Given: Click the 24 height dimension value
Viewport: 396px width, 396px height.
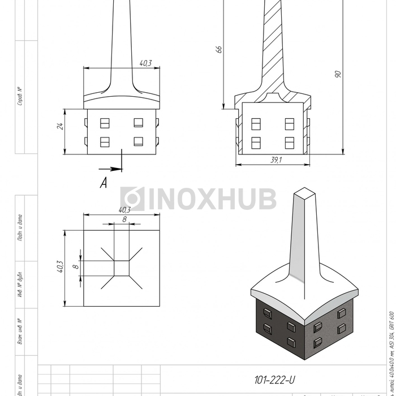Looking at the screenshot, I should pos(59,126).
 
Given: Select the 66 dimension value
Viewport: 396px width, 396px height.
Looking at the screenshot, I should pos(219,49).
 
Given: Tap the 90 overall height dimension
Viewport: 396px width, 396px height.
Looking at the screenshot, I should pos(338,74).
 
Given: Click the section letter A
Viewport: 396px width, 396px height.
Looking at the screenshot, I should pos(104,182).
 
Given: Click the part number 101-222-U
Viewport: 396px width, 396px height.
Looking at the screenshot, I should pos(274,381).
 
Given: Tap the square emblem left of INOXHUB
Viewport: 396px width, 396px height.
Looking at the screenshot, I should pos(132,199).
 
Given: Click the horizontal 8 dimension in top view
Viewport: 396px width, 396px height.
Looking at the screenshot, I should pos(124,218).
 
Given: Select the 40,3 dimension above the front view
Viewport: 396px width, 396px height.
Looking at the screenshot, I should pos(145,63).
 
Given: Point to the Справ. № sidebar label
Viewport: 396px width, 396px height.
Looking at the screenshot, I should pos(20,97).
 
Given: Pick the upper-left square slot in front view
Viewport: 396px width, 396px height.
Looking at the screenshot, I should pos(105,122).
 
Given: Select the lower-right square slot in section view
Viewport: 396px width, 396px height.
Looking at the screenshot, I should pos(290,142).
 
